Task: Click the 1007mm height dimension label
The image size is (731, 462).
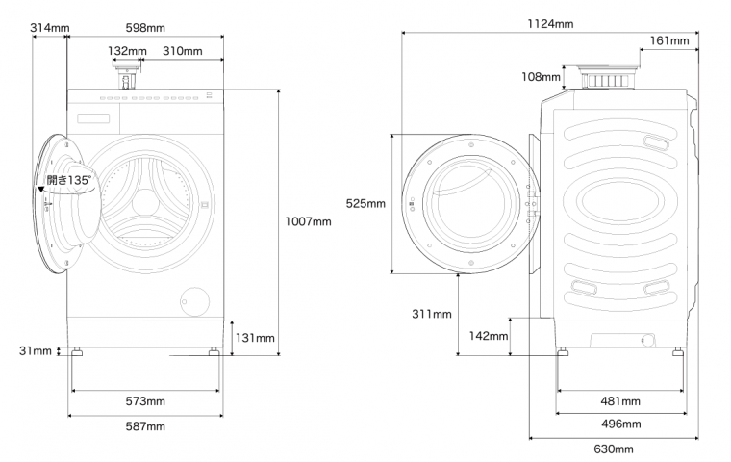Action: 308,221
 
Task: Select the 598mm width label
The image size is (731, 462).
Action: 145,28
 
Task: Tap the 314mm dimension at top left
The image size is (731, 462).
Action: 50,28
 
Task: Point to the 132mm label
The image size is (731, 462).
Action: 127,51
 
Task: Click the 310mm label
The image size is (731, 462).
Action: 183,51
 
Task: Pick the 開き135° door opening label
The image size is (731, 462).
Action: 69,180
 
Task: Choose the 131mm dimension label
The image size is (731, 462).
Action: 255,338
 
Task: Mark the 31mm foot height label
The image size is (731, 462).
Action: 36,350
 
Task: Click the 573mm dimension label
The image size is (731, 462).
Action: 145,400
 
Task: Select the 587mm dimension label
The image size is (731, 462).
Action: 145,426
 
